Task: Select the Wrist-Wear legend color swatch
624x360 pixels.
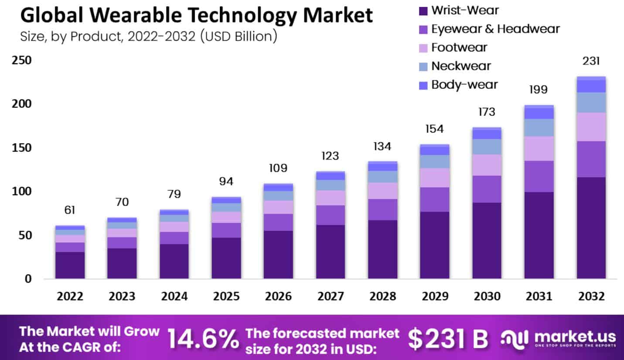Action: tap(422, 10)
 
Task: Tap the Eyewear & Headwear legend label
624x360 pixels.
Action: tap(495, 29)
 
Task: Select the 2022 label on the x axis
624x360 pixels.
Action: tap(70, 296)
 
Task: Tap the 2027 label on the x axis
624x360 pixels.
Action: tap(330, 296)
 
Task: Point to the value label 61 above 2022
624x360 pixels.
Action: tap(70, 210)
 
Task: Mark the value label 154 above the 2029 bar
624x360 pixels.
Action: tap(434, 130)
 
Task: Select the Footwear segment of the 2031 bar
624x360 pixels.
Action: tap(539, 148)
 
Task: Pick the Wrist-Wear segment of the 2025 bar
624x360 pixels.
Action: tap(226, 258)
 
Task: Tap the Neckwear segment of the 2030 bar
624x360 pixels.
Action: tap(487, 147)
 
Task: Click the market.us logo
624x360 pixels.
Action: tap(558, 338)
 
